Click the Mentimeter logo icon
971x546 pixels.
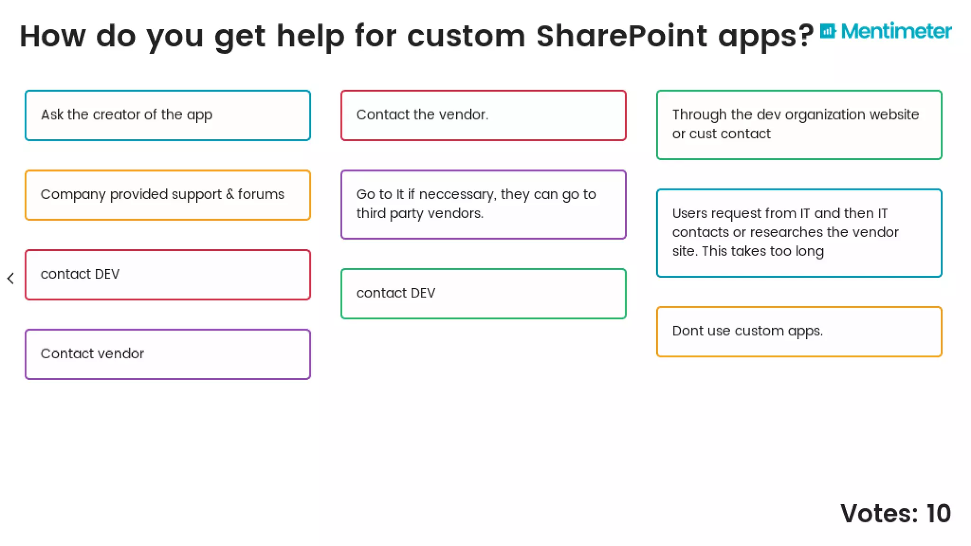click(828, 31)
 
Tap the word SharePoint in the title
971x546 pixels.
click(622, 36)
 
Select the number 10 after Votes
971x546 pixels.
click(938, 514)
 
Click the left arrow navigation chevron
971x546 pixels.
click(11, 278)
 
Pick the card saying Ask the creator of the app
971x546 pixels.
click(168, 115)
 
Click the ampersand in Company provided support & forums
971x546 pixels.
click(230, 194)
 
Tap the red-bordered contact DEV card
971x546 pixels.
click(168, 274)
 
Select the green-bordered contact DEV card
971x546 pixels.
click(483, 293)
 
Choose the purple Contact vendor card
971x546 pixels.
click(168, 354)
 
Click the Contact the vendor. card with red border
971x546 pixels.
click(483, 115)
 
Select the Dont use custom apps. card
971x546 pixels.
click(799, 331)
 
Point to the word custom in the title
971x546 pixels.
click(466, 36)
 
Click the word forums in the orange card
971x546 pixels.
click(261, 194)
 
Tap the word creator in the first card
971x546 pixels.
click(116, 115)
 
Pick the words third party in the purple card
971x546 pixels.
click(390, 214)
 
